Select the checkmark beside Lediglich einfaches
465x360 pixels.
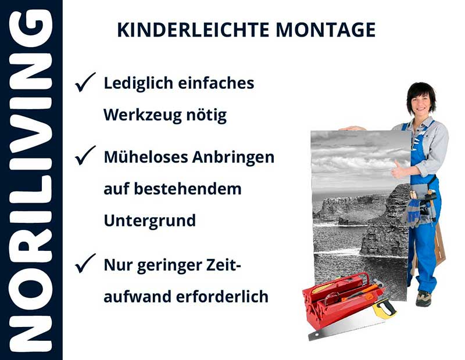(85, 84)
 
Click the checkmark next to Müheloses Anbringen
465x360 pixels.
(85, 155)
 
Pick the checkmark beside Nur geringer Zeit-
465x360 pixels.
(85, 264)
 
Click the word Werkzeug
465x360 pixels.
(139, 116)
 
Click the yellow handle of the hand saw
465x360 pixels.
(385, 308)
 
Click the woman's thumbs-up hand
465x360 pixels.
(399, 170)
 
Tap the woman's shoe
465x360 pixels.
(424, 297)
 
